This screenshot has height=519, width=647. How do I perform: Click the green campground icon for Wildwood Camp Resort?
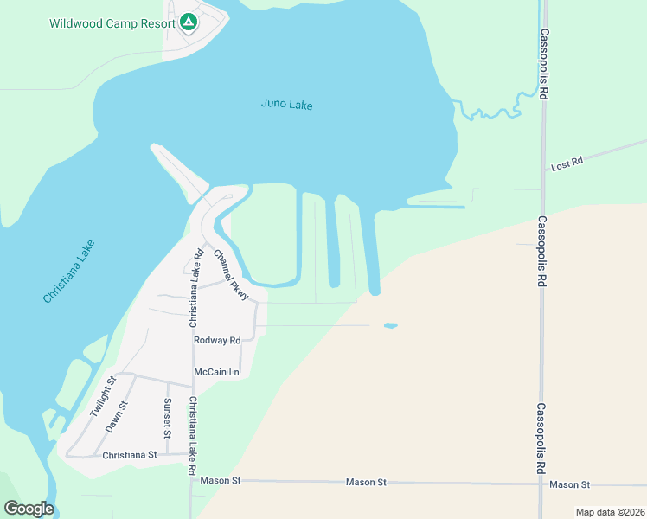[x=189, y=22]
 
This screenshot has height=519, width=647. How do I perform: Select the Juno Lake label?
[x=286, y=105]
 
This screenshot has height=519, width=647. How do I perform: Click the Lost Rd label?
[x=567, y=162]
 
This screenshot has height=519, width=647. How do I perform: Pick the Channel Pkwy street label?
[x=231, y=275]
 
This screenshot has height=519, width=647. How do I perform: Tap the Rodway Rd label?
[x=217, y=341]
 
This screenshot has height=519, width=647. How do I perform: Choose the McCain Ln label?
[x=216, y=372]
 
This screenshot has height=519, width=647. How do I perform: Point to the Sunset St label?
[x=168, y=417]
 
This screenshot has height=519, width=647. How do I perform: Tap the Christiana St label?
[x=129, y=454]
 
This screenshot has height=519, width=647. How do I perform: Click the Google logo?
[x=29, y=509]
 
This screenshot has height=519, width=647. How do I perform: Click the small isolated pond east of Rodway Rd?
[x=390, y=326]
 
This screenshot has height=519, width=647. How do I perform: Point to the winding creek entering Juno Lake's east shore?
[x=490, y=111]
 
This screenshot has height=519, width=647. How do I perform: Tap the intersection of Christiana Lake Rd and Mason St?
[x=192, y=480]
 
